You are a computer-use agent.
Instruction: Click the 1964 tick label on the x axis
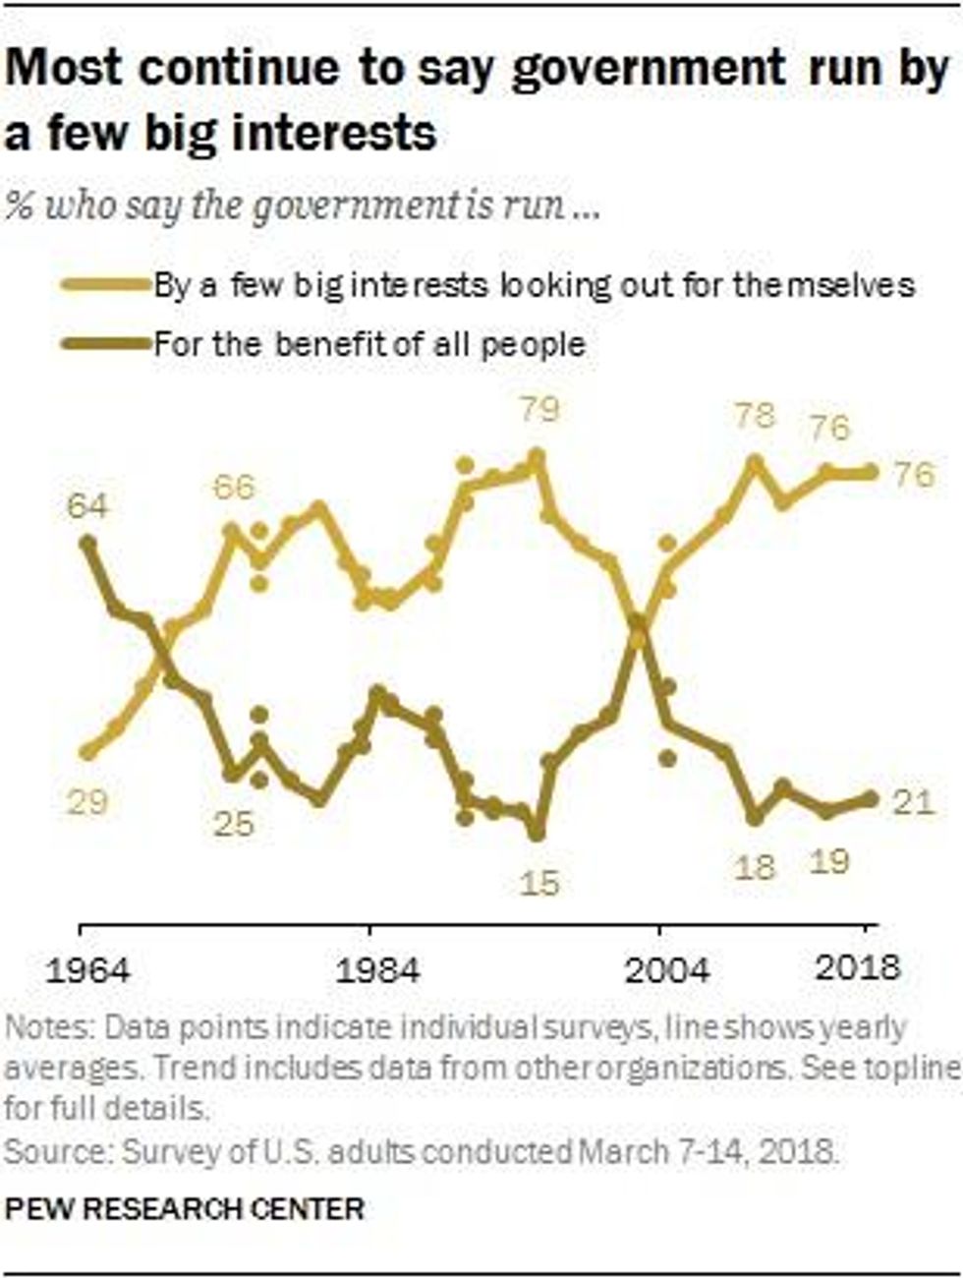(87, 970)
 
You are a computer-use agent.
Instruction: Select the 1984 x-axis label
(377, 970)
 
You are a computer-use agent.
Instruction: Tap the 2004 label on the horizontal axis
(667, 970)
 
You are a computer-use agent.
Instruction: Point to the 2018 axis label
(858, 967)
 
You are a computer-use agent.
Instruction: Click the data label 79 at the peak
(538, 407)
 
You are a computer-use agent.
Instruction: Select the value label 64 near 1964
(87, 506)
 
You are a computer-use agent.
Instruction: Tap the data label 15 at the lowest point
(538, 883)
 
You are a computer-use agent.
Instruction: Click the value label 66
(234, 487)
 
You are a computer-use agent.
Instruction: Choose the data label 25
(234, 823)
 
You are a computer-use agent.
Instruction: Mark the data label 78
(755, 415)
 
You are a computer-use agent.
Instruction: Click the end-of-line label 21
(913, 803)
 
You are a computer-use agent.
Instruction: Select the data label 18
(755, 867)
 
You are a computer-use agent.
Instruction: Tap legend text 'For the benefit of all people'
(369, 344)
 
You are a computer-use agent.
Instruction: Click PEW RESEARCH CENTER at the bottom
(184, 1208)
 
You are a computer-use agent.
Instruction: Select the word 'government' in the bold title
(648, 70)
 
